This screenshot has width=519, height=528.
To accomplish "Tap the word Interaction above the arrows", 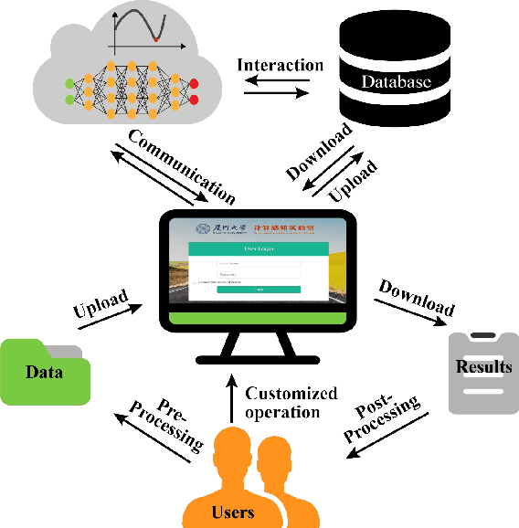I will click(281, 65).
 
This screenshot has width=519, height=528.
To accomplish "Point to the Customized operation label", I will click(291, 402).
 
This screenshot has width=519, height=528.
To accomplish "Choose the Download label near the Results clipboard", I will click(416, 295).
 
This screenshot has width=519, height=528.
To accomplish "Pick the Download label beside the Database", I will click(319, 151).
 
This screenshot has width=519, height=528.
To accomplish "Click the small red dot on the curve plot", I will click(156, 40).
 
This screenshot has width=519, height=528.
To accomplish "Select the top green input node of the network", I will click(69, 85).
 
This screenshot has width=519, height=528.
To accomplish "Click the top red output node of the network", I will click(194, 85).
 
